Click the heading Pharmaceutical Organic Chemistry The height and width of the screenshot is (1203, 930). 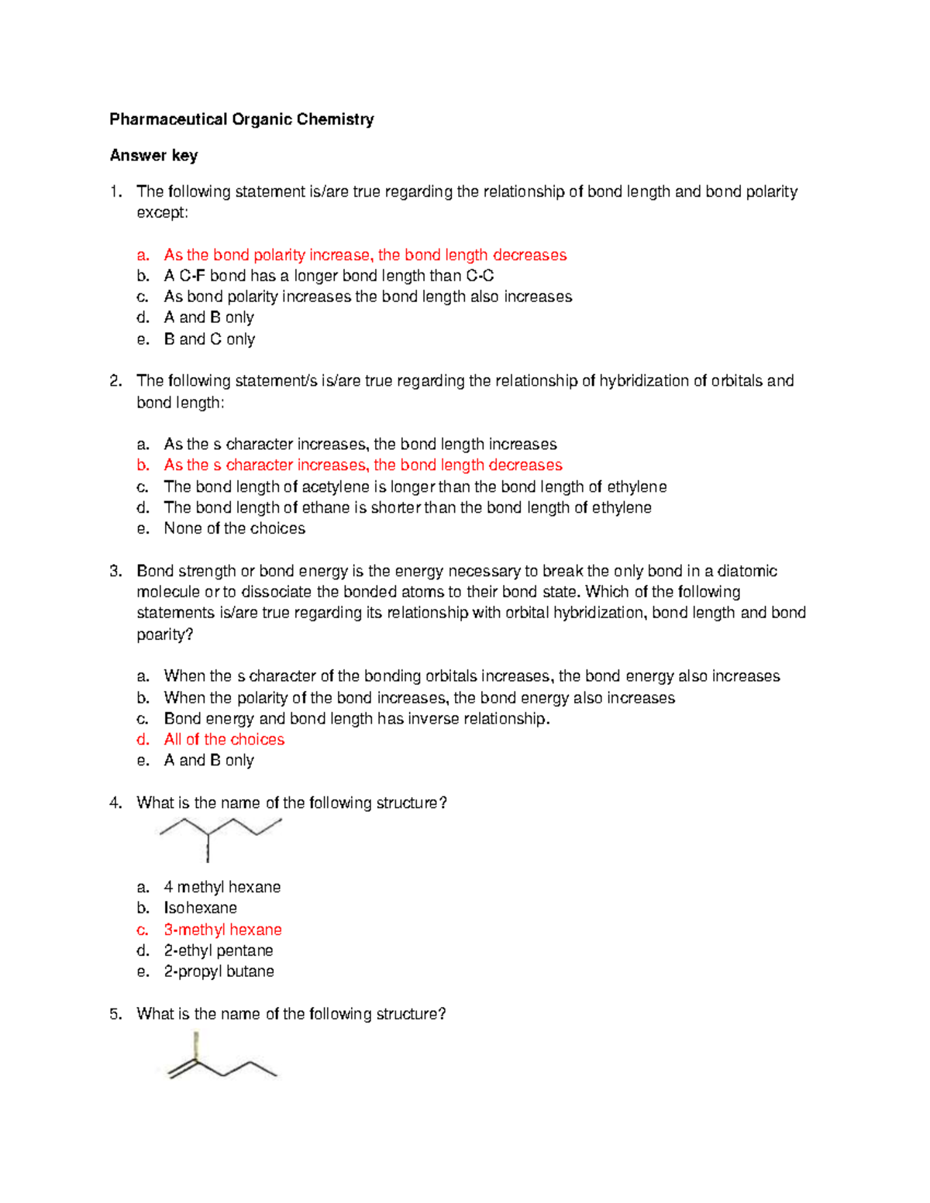point(241,119)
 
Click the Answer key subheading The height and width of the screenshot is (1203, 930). point(153,156)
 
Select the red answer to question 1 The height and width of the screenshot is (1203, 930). point(365,255)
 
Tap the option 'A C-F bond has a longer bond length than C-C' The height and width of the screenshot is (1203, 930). point(329,276)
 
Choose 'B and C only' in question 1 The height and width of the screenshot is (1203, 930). point(209,339)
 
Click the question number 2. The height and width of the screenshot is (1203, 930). point(115,381)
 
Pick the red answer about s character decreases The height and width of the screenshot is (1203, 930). point(363,465)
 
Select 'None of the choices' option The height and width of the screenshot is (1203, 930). point(234,528)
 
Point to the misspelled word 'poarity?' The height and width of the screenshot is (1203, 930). point(164,634)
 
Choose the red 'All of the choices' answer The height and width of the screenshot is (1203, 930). point(224,739)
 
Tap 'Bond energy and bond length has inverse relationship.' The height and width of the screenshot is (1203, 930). point(356,718)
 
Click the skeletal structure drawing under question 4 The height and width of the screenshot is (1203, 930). point(220,838)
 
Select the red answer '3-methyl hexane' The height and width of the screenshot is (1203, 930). point(222,930)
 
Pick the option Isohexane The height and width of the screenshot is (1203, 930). point(200,908)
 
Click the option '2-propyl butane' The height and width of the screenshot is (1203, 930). point(219,971)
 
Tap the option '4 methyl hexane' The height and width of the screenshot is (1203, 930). point(222,887)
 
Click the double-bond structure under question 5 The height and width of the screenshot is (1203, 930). point(222,1057)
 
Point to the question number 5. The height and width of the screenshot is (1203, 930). point(115,1014)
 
